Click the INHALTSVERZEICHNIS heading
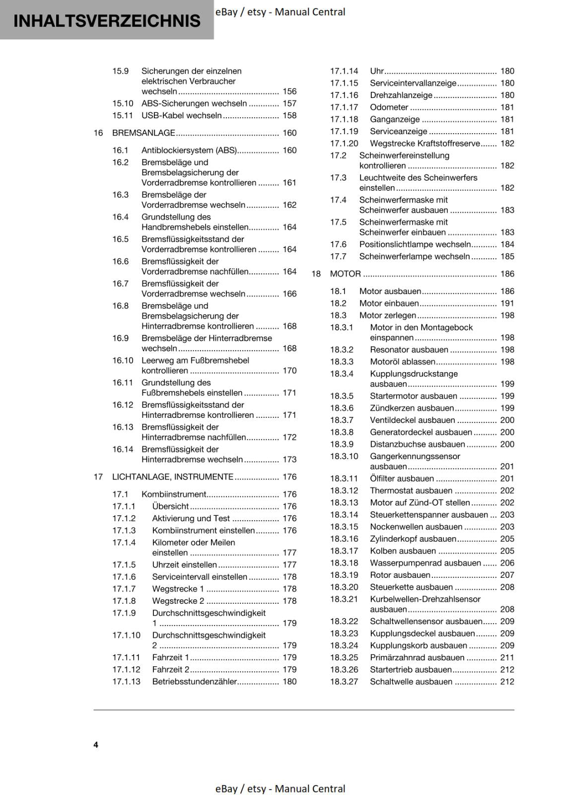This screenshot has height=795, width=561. click(x=107, y=21)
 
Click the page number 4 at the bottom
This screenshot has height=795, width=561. click(x=96, y=744)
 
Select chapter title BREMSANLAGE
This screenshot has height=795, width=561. click(x=143, y=133)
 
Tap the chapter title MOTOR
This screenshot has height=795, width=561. click(x=345, y=274)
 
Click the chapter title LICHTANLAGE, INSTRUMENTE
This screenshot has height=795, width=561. click(x=172, y=477)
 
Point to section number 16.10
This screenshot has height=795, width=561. click(x=123, y=360)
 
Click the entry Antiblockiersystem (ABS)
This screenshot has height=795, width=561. click(x=189, y=150)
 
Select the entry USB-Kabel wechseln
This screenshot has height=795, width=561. click(x=181, y=115)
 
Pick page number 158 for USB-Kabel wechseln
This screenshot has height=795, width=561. click(x=289, y=115)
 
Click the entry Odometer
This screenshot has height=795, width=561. click(x=389, y=107)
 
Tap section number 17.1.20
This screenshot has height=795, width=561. click(x=344, y=144)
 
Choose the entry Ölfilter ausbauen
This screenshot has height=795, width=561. click(x=402, y=478)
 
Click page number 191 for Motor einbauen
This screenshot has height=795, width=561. click(x=507, y=303)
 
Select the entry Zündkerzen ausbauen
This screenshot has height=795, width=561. click(x=412, y=408)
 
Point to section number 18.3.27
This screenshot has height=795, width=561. click(x=344, y=682)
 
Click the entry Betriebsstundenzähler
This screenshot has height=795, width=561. click(x=195, y=682)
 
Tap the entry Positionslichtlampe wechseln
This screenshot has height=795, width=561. click(x=415, y=244)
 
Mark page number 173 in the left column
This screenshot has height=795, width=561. click(x=289, y=460)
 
